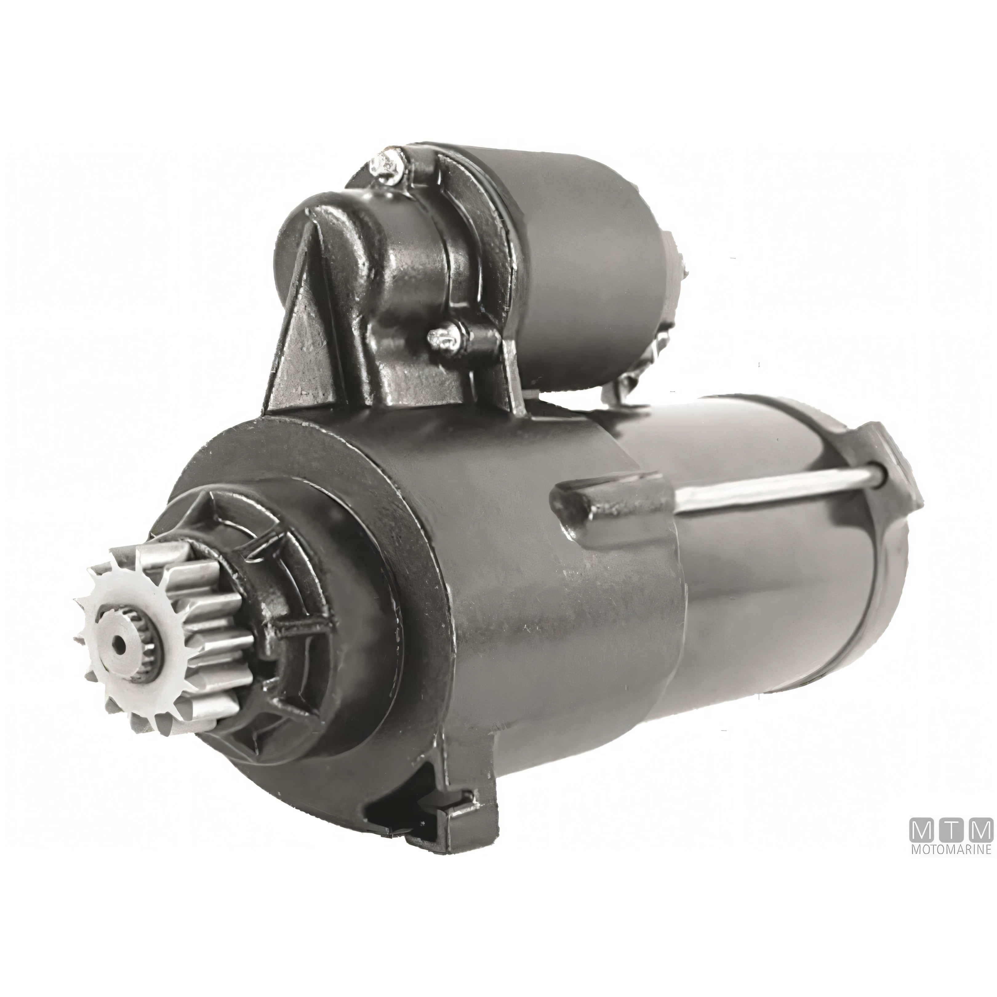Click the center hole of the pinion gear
[120, 643]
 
